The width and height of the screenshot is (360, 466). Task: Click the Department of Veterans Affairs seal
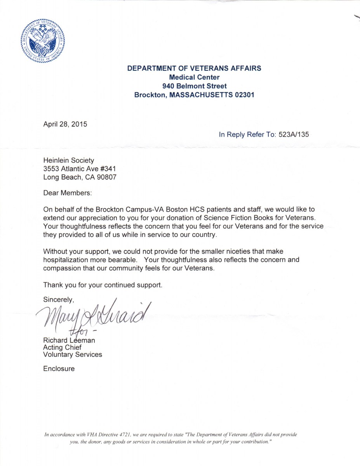point(43,41)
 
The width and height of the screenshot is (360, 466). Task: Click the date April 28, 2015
point(65,125)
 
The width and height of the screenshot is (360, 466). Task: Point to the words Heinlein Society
point(69,160)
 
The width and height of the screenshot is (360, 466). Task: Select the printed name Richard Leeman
point(69,341)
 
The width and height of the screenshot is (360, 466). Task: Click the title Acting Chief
point(63,348)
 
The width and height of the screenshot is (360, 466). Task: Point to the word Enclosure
point(59,369)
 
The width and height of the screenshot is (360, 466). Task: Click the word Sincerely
point(58,299)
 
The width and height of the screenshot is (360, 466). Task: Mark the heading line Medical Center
point(194,77)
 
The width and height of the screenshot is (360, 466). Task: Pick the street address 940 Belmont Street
point(194,86)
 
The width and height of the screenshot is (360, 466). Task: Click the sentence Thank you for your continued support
point(103,285)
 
